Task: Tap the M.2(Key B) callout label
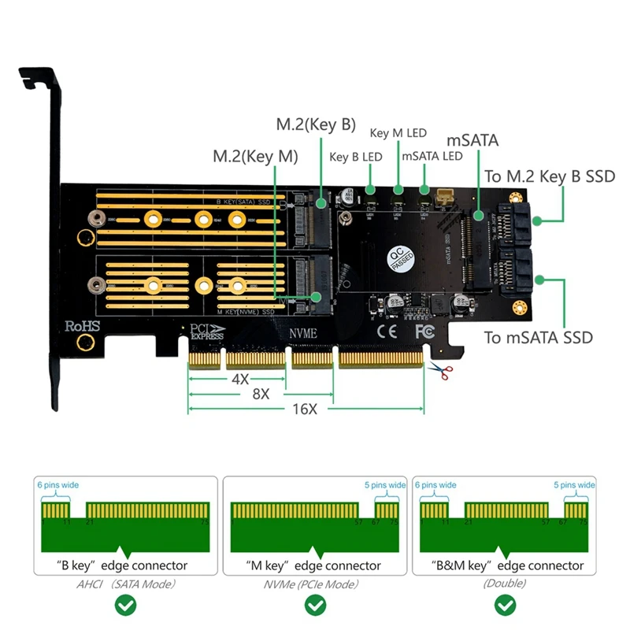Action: [x=316, y=124]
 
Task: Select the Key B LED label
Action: [x=355, y=157]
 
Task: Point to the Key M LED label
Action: [x=398, y=133]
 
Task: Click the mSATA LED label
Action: [x=432, y=156]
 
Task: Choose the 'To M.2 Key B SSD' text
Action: [x=549, y=176]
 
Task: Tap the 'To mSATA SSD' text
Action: [x=539, y=338]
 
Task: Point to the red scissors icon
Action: [x=437, y=369]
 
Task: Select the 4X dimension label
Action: [x=240, y=378]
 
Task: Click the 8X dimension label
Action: [x=259, y=394]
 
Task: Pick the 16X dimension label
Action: [x=304, y=409]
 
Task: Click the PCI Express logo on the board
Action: [x=208, y=332]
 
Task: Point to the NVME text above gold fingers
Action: [x=303, y=334]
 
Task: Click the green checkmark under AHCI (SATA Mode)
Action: [x=125, y=605]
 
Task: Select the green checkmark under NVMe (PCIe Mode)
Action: [x=315, y=605]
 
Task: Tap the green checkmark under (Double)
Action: [x=505, y=605]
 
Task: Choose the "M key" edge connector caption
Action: [x=315, y=565]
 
